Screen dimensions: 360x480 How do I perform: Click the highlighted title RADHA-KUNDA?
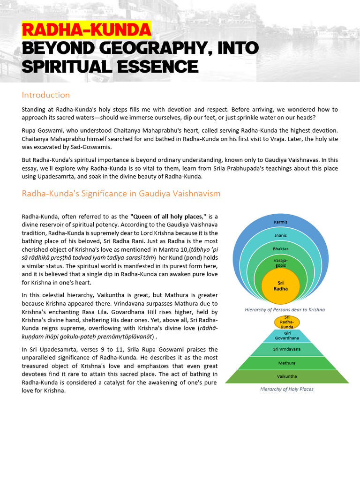[x=86, y=30]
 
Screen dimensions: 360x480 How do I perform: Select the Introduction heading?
[x=45, y=95]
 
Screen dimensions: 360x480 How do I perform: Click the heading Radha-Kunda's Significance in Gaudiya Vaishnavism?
[x=121, y=193]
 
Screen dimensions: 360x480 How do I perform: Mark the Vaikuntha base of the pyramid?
[x=287, y=376]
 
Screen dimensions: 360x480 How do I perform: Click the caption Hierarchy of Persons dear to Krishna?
[x=285, y=309]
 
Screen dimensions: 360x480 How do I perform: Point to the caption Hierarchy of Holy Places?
[x=287, y=389]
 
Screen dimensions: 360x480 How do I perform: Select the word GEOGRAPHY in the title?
[x=143, y=48]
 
